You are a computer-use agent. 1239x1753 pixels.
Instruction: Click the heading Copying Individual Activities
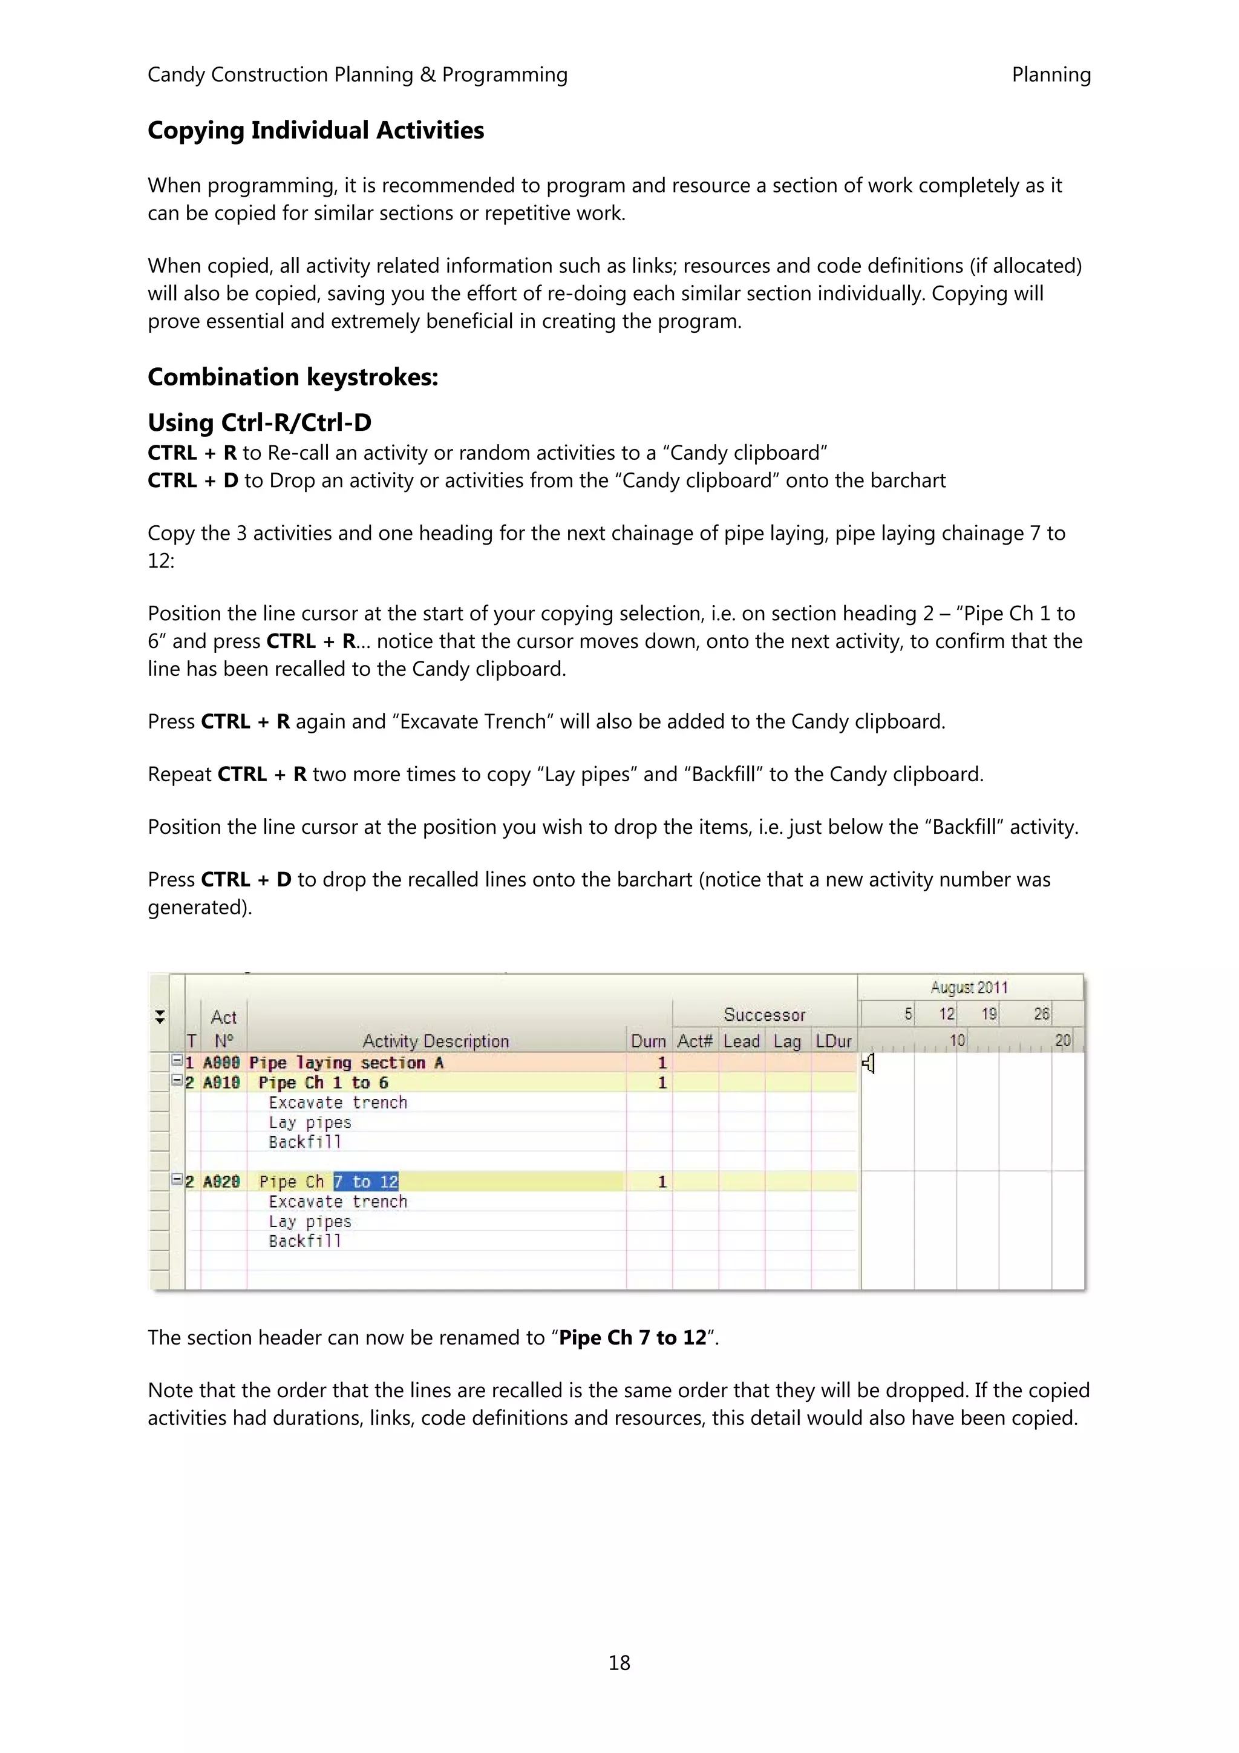pyautogui.click(x=315, y=131)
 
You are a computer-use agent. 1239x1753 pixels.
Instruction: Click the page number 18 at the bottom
pyautogui.click(x=619, y=1662)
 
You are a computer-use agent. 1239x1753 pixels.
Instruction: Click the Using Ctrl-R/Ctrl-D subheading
pyautogui.click(x=260, y=422)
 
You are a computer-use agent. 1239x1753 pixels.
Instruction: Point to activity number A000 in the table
pyautogui.click(x=221, y=1063)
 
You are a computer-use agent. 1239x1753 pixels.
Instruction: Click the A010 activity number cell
pyautogui.click(x=221, y=1083)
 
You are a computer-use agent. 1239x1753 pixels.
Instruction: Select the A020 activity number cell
pyautogui.click(x=221, y=1182)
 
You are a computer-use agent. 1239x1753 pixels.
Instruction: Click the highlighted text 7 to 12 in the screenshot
pyautogui.click(x=365, y=1182)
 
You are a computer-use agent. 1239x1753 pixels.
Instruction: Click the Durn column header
pyautogui.click(x=648, y=1041)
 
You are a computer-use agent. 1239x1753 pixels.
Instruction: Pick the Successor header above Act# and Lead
pyautogui.click(x=764, y=1015)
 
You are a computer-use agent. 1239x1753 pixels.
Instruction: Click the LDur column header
pyautogui.click(x=834, y=1041)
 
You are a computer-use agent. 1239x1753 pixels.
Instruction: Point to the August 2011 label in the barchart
pyautogui.click(x=969, y=987)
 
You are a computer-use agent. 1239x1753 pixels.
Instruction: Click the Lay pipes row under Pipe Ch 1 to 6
pyautogui.click(x=310, y=1122)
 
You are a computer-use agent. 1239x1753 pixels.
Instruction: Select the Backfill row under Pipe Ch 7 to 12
pyautogui.click(x=304, y=1242)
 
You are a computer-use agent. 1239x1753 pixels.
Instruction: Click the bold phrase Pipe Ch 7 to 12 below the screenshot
pyautogui.click(x=633, y=1338)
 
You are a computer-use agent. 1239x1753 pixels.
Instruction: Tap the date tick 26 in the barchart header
pyautogui.click(x=1041, y=1014)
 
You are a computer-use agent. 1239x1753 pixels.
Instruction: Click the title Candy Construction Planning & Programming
pyautogui.click(x=358, y=75)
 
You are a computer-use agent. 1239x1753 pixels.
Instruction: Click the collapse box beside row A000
pyautogui.click(x=176, y=1061)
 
